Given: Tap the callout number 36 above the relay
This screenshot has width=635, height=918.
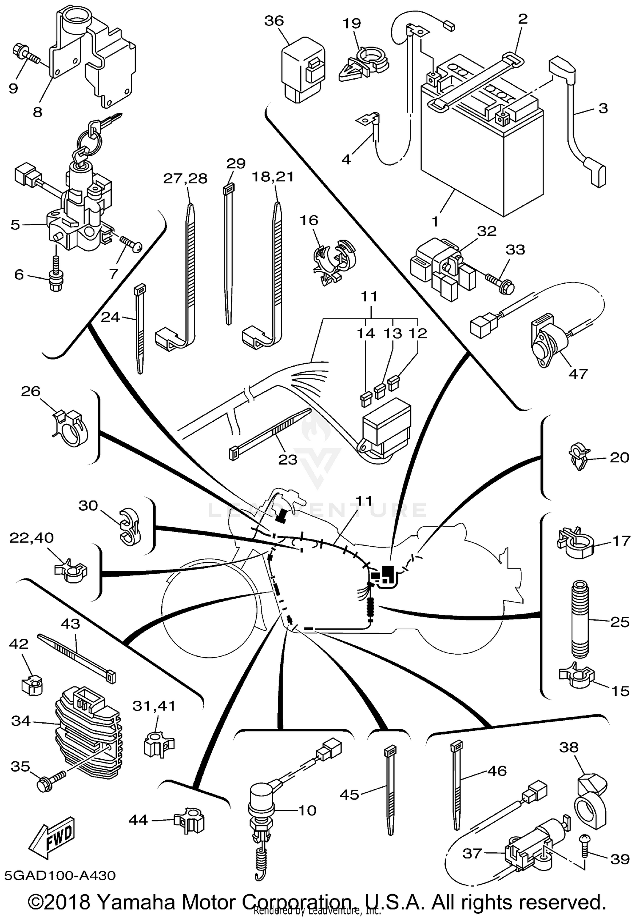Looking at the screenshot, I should click(274, 21).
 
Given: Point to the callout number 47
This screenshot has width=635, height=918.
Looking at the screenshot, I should click(578, 373).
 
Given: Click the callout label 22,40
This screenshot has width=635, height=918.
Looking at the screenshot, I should click(32, 538).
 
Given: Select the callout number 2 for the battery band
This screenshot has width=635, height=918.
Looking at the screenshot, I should click(523, 19).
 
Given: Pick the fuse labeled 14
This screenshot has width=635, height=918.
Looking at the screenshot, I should click(366, 399).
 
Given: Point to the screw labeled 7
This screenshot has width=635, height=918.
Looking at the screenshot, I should click(130, 244).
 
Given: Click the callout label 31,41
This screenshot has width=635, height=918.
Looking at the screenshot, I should click(154, 705).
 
